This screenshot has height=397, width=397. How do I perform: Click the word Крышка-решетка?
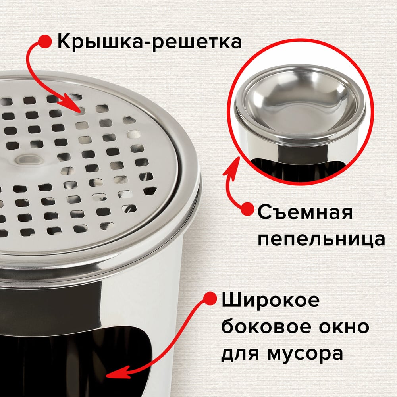[x=149, y=42]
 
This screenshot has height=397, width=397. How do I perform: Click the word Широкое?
[x=270, y=300]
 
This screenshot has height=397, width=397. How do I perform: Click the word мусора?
[x=305, y=354]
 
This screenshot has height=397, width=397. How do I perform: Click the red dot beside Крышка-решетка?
[x=45, y=41]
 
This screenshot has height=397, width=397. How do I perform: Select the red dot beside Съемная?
[x=247, y=209]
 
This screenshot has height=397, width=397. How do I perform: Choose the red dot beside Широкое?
[x=210, y=298]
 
